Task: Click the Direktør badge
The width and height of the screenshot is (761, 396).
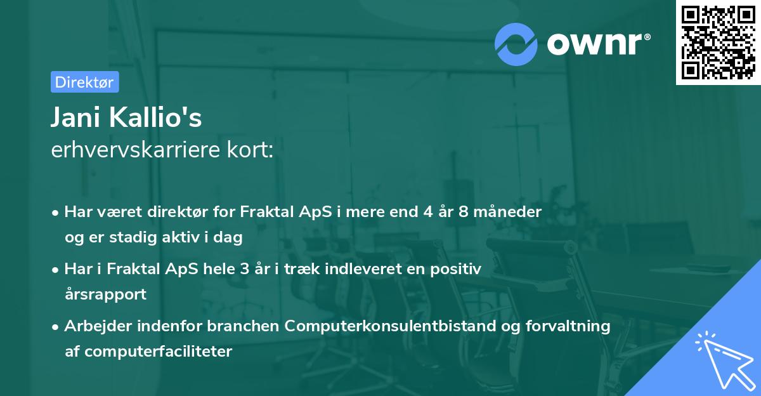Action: pyautogui.click(x=84, y=82)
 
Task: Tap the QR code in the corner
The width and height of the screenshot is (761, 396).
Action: pyautogui.click(x=719, y=42)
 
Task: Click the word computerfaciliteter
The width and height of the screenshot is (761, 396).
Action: pyautogui.click(x=157, y=351)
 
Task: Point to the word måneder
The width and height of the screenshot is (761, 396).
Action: pyautogui.click(x=511, y=212)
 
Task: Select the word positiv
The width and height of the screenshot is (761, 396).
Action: pyautogui.click(x=455, y=269)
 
